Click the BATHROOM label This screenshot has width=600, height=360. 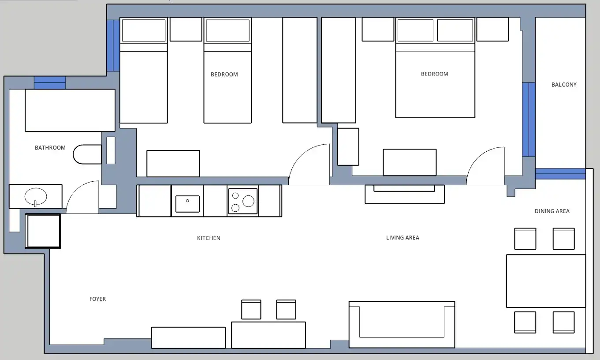[50, 148]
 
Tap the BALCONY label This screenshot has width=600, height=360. [564, 85]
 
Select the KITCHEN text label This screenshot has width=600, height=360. [209, 238]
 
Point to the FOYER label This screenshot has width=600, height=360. [97, 299]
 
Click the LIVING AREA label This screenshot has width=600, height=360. [402, 237]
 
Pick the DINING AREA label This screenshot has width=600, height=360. [552, 211]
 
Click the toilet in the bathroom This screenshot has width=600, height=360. [87, 154]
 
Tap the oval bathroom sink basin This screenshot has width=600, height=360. [36, 196]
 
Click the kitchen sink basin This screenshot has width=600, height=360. [187, 204]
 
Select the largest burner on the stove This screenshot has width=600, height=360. [248, 201]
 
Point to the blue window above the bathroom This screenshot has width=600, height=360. [50, 83]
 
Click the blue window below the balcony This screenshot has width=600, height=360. [560, 174]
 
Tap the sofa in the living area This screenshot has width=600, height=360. [402, 324]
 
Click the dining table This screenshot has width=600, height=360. [546, 281]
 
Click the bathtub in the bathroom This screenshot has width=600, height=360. [70, 110]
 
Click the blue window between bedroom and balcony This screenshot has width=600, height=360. [529, 120]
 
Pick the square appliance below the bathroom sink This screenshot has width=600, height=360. [43, 231]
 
